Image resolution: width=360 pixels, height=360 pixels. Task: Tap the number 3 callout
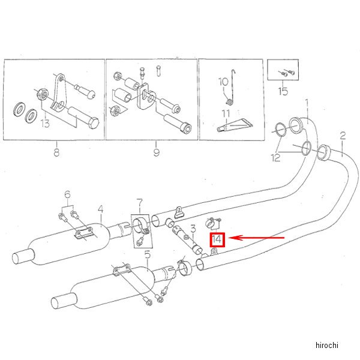point(193,229)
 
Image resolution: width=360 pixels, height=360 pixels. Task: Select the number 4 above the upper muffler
point(101,209)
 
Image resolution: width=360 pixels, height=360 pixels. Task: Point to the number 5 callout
point(148,254)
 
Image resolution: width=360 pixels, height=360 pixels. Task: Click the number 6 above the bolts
point(68,194)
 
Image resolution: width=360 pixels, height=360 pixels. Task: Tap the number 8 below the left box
point(56,152)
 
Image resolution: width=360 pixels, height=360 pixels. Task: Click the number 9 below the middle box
point(156,152)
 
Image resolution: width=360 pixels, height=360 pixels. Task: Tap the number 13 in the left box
point(45,124)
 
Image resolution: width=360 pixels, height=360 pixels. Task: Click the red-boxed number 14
point(217,240)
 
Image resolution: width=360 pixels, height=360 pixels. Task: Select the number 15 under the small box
point(283,91)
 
